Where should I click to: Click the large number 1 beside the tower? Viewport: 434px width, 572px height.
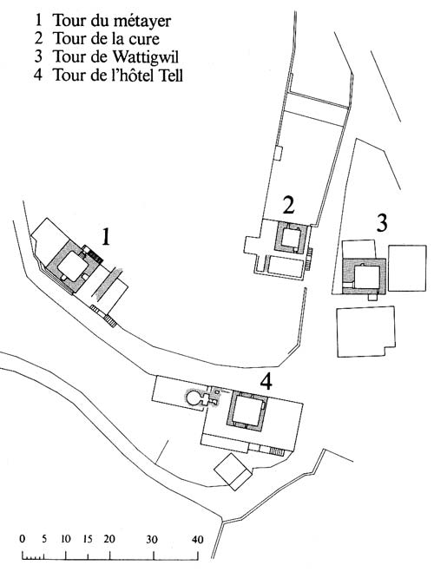point(105,236)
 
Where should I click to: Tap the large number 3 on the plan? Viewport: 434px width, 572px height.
point(381,222)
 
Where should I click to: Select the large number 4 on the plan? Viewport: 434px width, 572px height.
point(266,382)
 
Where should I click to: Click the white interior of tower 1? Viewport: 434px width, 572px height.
point(73,266)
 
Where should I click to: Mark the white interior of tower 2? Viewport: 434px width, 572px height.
point(292,238)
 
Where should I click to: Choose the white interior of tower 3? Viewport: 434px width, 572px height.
point(368,277)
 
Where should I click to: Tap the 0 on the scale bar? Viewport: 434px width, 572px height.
point(23,539)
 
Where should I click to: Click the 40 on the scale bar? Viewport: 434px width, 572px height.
point(197,539)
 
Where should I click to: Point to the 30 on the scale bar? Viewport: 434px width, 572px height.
point(152,539)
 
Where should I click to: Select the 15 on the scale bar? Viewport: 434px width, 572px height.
point(88,539)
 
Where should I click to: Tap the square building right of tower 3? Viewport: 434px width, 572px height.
point(407,268)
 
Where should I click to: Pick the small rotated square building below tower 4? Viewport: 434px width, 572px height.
point(233,471)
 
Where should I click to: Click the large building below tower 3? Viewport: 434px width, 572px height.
point(365,332)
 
